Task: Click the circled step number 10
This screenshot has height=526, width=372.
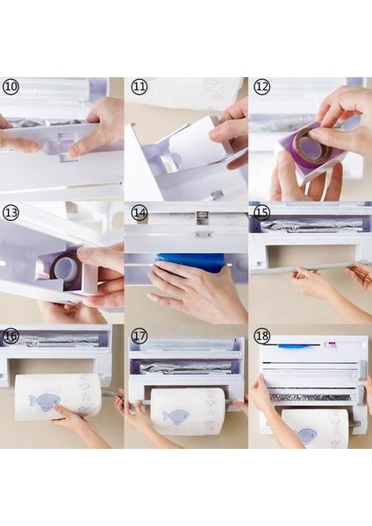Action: [x=11, y=87]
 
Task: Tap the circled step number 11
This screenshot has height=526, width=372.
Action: [x=139, y=87]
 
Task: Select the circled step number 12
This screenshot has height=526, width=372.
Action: [x=261, y=87]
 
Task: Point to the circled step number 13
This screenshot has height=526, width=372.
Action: [x=11, y=212]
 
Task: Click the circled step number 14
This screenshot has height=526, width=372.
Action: [x=139, y=212]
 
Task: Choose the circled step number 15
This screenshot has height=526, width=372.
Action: [x=261, y=212]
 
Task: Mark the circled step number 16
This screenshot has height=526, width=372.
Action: [x=11, y=336]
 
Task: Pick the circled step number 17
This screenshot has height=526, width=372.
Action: [x=139, y=336]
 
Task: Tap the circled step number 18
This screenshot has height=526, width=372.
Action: [x=261, y=336]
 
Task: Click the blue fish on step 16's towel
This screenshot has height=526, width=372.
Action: [x=45, y=402]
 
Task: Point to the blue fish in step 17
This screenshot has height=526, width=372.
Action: [x=176, y=417]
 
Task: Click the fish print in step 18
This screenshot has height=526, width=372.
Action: [x=307, y=436]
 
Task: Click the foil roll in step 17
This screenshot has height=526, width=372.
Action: [x=186, y=368]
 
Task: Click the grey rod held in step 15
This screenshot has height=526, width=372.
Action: [x=302, y=269]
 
